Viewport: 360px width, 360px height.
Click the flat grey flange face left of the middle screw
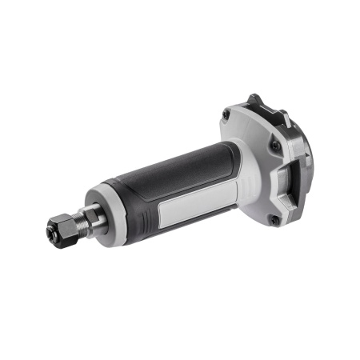(252, 156)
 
